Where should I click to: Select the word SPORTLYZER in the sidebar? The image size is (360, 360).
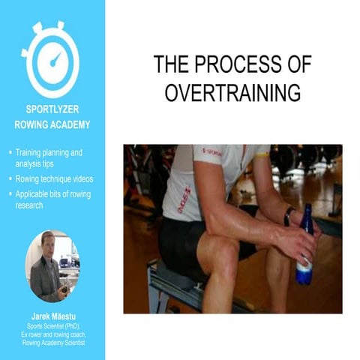[x=52, y=109]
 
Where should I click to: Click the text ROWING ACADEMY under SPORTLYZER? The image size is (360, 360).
[x=52, y=124]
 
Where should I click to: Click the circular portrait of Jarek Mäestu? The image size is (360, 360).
[x=52, y=266]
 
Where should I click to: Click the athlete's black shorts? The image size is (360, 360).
[x=184, y=244]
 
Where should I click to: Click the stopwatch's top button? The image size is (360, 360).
[x=52, y=26]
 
